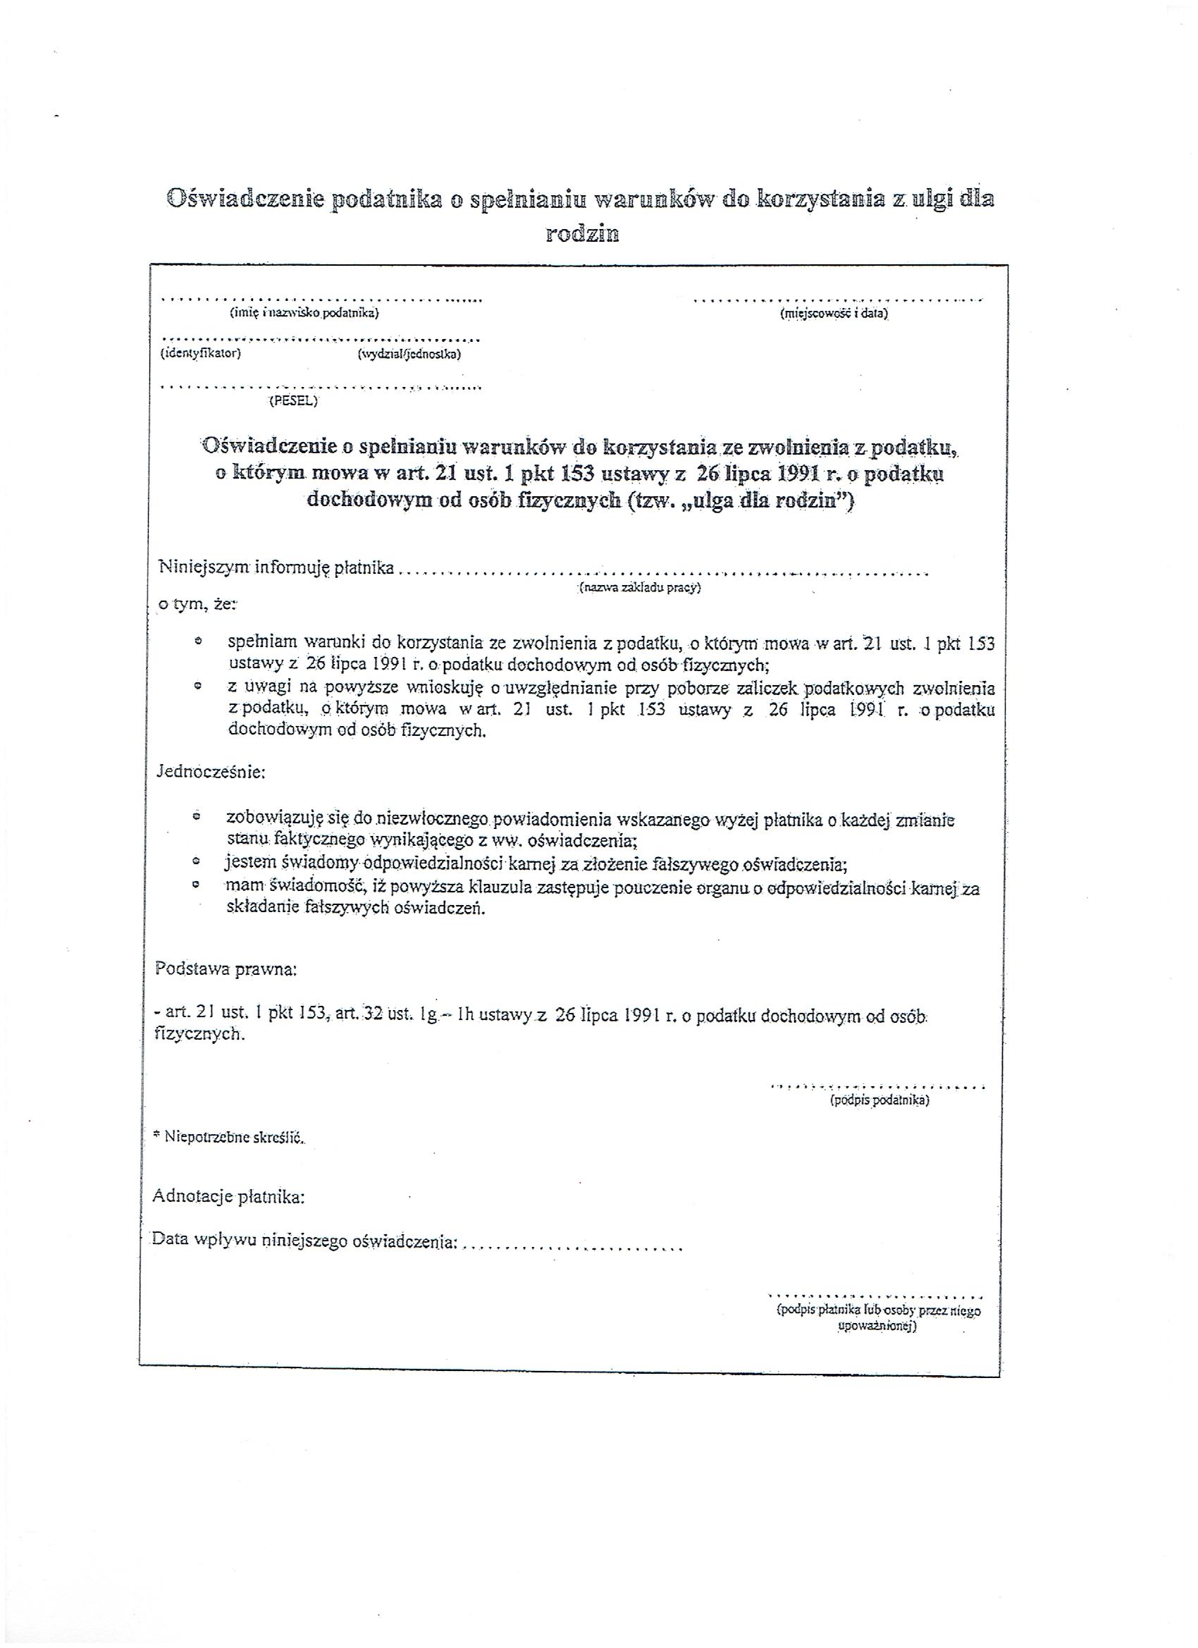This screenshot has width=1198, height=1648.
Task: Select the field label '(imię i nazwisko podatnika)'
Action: tap(304, 313)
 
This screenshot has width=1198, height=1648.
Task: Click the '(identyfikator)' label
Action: tap(201, 354)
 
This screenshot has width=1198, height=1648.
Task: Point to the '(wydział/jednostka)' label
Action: tap(409, 355)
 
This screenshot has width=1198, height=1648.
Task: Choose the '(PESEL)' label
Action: tap(293, 400)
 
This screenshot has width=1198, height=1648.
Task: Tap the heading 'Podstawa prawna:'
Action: tap(226, 969)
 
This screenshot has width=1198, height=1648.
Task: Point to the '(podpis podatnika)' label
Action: tap(879, 1100)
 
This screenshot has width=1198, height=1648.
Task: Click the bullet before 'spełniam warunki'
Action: tap(197, 642)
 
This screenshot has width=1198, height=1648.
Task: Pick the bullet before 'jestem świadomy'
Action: tap(196, 863)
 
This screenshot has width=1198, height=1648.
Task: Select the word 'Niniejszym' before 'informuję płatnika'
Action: tap(204, 567)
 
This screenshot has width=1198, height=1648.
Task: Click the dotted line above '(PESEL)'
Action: tap(320, 387)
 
